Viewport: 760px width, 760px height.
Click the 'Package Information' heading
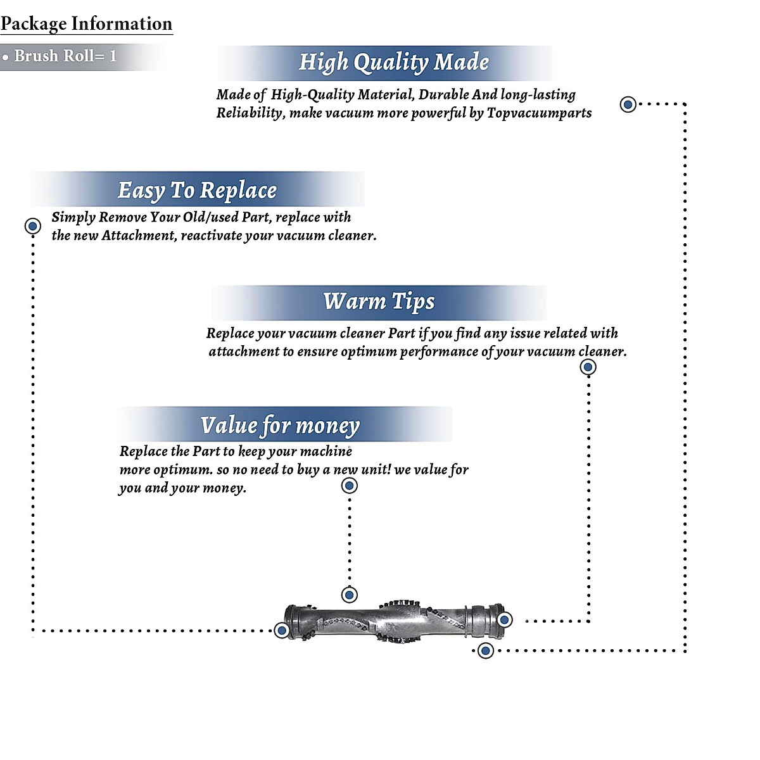[86, 24]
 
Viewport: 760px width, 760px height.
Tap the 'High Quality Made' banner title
[393, 62]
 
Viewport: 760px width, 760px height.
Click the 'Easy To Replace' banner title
[197, 190]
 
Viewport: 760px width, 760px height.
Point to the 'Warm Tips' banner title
[379, 301]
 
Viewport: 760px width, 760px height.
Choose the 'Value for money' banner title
[280, 425]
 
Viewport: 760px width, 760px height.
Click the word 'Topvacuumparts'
[539, 113]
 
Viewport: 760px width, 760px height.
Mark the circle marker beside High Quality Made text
[628, 104]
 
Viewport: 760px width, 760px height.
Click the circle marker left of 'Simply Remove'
[32, 225]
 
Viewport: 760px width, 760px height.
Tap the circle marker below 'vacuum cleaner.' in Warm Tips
[588, 367]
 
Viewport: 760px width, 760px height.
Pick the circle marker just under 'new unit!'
[349, 486]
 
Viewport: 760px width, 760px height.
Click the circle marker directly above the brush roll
[349, 595]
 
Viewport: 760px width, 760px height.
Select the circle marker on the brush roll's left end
[282, 630]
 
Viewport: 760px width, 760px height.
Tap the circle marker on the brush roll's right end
[504, 619]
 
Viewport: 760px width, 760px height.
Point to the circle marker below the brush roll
[485, 650]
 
